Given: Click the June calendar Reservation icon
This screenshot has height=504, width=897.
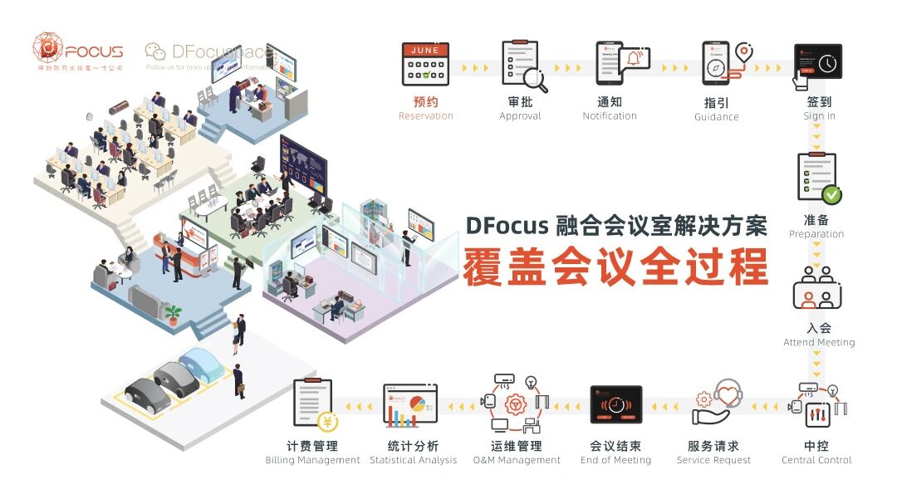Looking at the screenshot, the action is [425, 65].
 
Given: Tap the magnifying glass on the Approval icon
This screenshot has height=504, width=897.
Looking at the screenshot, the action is [537, 81].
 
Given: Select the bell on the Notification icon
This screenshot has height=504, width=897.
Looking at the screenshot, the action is [635, 59].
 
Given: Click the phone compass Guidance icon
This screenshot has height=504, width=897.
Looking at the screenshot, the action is [716, 63].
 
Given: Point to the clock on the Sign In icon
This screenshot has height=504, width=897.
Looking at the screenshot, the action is [826, 64].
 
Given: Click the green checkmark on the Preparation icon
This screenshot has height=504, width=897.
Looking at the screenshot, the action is [831, 195].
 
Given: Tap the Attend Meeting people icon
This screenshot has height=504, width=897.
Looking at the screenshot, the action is [817, 287].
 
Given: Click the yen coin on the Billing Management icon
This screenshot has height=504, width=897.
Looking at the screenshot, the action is [327, 422].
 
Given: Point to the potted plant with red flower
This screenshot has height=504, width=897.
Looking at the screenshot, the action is [173, 314].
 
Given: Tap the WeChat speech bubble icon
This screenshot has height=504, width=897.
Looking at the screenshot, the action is [154, 51].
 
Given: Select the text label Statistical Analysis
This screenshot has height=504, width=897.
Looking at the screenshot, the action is [413, 460].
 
